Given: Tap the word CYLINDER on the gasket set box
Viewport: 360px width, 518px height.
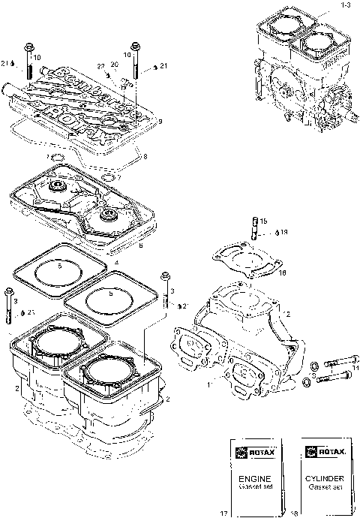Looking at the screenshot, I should point(325,477).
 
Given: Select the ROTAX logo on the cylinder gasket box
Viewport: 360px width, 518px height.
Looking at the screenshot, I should point(324,453).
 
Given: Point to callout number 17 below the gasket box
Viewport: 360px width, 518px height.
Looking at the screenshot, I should point(223,512).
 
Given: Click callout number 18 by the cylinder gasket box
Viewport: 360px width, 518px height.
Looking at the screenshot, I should point(292,512).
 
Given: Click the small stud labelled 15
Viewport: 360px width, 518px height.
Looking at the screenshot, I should point(255,225).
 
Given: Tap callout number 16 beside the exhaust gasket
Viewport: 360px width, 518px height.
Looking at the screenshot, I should point(282,273).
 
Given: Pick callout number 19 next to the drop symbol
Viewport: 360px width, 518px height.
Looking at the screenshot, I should point(284,233).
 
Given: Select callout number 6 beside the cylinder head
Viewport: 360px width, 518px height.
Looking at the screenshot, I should point(141,244).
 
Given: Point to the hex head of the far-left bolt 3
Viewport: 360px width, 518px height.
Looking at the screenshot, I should point(8,291).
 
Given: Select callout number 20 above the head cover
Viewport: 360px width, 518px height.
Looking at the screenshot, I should point(114,65).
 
